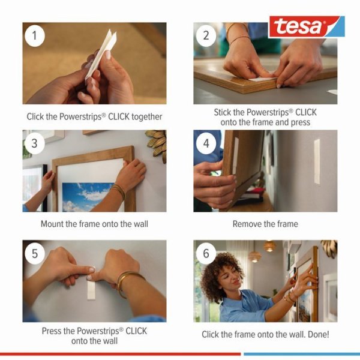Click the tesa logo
306,27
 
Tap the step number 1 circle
35,35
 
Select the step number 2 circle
206,35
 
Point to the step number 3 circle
35,143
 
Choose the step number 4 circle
206,143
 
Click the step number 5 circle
35,253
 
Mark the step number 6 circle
206,253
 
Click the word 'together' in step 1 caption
144,116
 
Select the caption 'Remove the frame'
265,224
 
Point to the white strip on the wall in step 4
317,161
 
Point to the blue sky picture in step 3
90,195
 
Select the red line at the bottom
120,354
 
